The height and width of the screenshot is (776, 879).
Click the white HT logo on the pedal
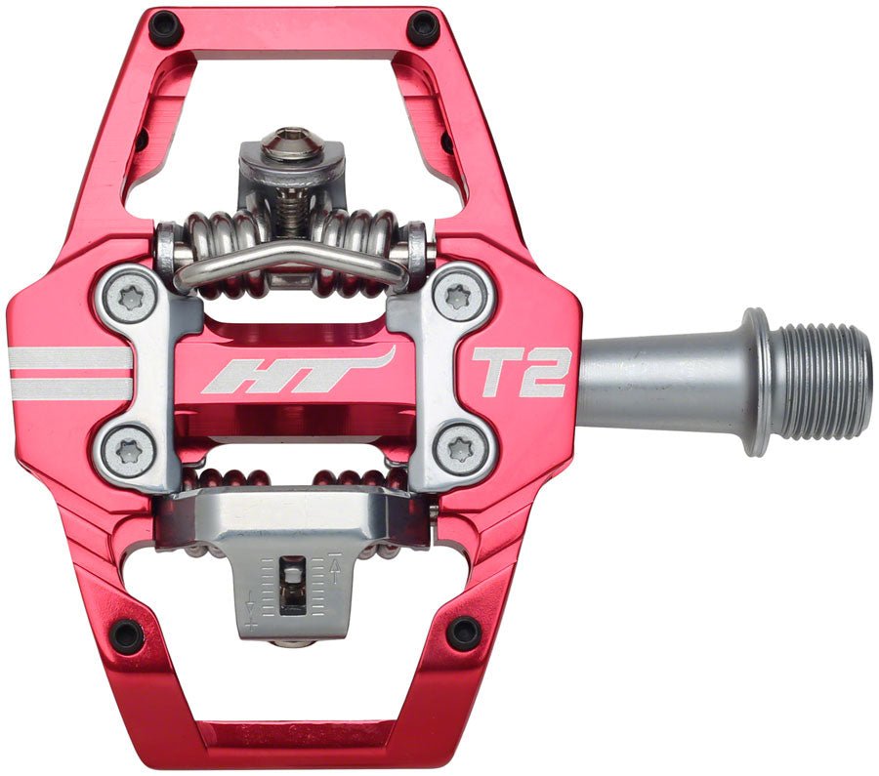(x=297, y=370)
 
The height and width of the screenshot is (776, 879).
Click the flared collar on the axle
(x=754, y=382)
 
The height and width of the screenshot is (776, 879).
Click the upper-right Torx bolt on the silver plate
(x=458, y=297)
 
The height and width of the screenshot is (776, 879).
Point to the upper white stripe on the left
(x=68, y=358)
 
